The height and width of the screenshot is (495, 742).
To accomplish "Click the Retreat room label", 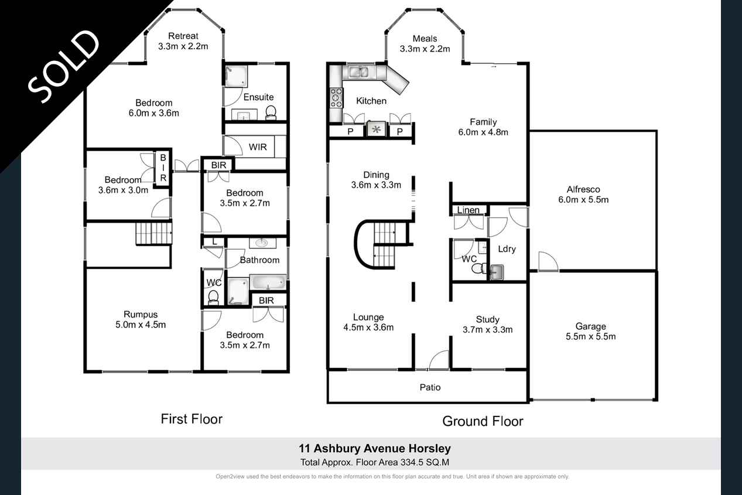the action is (183, 36).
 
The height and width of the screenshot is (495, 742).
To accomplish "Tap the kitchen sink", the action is (359, 72).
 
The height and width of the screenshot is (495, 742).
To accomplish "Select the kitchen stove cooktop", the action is (336, 98).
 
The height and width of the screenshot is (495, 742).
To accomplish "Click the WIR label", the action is (258, 147).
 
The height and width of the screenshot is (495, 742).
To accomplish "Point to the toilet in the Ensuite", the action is (271, 112).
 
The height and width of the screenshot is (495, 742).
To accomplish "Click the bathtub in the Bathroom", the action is (268, 282).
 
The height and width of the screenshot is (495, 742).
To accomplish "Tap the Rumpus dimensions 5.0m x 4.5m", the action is (141, 325).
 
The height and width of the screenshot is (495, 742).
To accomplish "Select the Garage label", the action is (591, 326).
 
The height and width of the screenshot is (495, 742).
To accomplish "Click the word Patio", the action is (430, 387).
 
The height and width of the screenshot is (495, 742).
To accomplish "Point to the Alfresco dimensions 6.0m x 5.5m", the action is (583, 200).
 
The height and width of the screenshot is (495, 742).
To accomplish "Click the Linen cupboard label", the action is (468, 210).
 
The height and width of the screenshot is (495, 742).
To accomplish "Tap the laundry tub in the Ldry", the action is (496, 272).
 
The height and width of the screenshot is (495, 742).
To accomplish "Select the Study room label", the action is (488, 319).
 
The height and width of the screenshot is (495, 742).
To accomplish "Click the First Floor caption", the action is (192, 419).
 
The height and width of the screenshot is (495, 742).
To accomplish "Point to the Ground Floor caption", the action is (483, 421).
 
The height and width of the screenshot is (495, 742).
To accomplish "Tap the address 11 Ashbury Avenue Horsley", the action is (375, 449).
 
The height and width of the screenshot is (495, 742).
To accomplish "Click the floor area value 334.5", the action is (412, 462).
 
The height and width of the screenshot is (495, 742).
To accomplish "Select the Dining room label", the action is (377, 175).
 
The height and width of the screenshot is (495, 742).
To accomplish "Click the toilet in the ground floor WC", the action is (478, 268).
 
